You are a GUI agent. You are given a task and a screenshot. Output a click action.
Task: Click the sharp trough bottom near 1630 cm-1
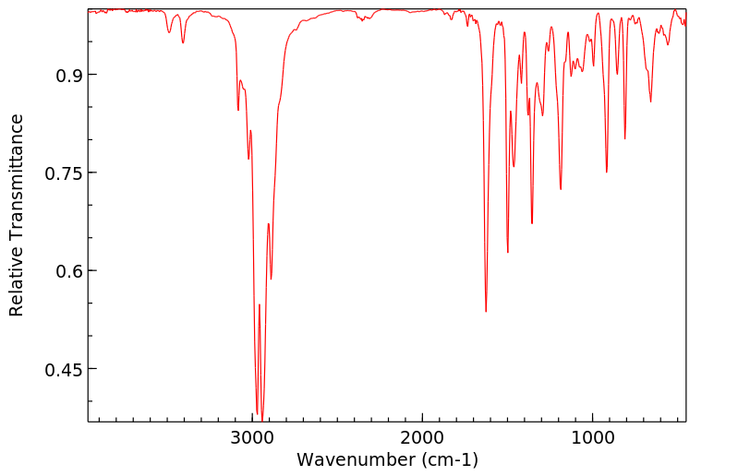click(486, 311)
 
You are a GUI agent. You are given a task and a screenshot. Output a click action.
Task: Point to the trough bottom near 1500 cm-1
click(507, 252)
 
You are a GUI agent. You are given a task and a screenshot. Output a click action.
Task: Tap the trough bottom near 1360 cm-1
click(532, 223)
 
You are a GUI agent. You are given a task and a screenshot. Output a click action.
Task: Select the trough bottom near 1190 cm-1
click(561, 189)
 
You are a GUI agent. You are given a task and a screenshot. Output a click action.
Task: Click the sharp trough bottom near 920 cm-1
click(607, 173)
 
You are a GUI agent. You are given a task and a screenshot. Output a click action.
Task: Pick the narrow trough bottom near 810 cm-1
click(625, 139)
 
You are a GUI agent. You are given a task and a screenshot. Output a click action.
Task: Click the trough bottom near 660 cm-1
click(651, 101)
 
